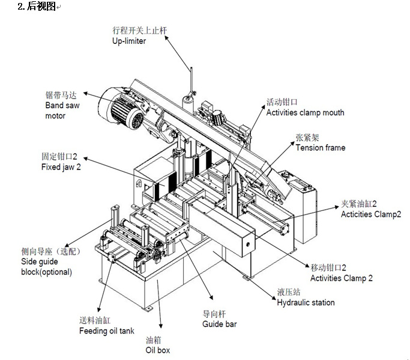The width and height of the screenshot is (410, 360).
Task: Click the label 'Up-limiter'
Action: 128,41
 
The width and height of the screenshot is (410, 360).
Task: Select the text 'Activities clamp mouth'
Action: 305,112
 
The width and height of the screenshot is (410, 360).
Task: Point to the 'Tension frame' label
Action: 320,148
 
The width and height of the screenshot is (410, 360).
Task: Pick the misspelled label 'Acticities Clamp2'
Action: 370,214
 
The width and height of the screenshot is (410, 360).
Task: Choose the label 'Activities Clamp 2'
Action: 341,278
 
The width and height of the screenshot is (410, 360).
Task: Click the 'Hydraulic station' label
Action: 306,302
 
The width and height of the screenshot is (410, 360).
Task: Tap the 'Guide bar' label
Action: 219,324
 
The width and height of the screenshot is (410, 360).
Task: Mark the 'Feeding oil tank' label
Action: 107,331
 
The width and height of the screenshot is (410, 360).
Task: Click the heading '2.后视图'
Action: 37,7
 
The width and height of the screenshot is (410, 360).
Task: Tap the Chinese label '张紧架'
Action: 305,138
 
